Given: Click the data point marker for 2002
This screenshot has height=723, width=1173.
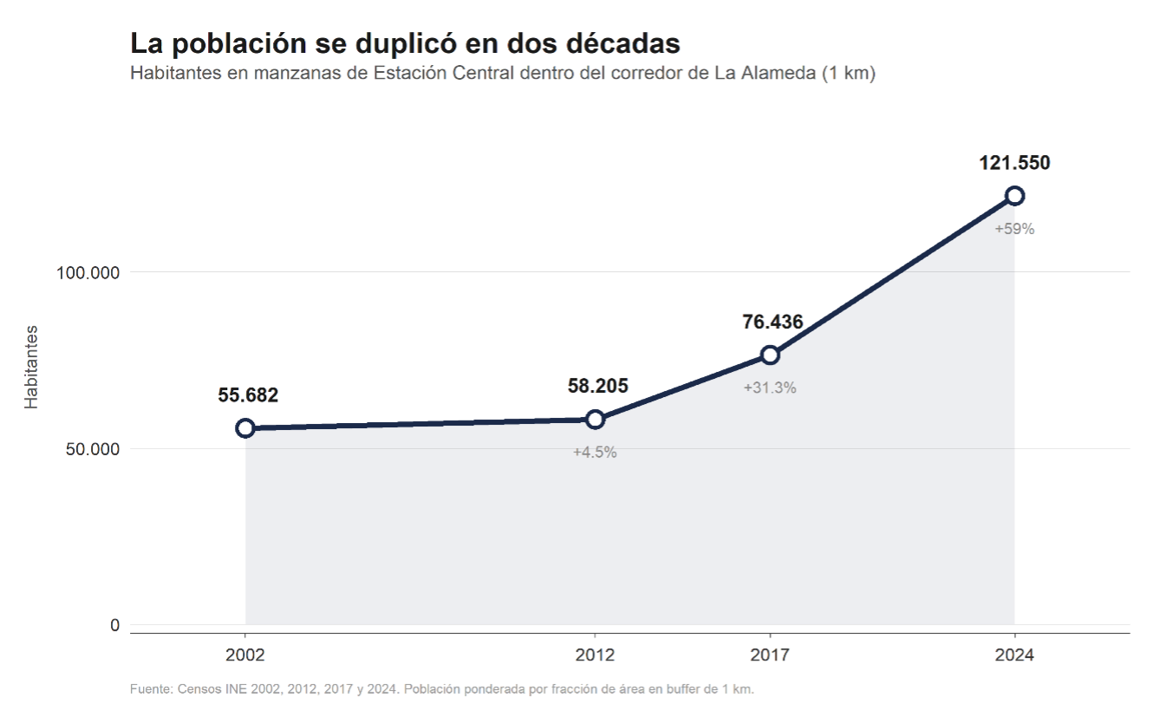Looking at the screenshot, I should [x=245, y=428].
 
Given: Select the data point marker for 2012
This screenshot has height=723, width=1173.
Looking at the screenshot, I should [x=595, y=420].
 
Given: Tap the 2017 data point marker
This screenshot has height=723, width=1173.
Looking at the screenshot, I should [x=770, y=355].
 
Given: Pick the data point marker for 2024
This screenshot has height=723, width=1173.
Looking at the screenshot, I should [x=1014, y=196].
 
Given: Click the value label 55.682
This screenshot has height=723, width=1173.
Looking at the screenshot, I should [x=248, y=395].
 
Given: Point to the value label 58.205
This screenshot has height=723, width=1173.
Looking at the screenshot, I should [x=597, y=387].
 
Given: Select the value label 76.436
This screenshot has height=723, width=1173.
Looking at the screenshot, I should [x=772, y=322].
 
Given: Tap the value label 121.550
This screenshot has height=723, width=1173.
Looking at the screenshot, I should [x=1014, y=163].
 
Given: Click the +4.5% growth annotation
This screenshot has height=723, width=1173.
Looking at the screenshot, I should [x=595, y=453].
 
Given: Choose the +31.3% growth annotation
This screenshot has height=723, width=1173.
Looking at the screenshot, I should [x=770, y=388].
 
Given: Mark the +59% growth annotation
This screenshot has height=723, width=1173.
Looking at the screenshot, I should [x=1014, y=230].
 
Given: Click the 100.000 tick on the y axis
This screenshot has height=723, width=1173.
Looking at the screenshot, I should [x=88, y=273].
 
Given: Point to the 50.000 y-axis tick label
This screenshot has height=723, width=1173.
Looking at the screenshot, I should [x=92, y=450].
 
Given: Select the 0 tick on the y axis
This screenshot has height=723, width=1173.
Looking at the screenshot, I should [x=114, y=626].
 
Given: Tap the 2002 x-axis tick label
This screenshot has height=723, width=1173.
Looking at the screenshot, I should [x=245, y=655].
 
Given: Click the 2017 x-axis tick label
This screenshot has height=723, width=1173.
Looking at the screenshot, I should [x=770, y=655].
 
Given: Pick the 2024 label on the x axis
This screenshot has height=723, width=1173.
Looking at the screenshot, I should [x=1014, y=655].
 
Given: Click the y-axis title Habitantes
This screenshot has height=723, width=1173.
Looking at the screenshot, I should [x=32, y=367].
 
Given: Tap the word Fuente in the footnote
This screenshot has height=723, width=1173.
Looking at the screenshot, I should [x=151, y=690].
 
